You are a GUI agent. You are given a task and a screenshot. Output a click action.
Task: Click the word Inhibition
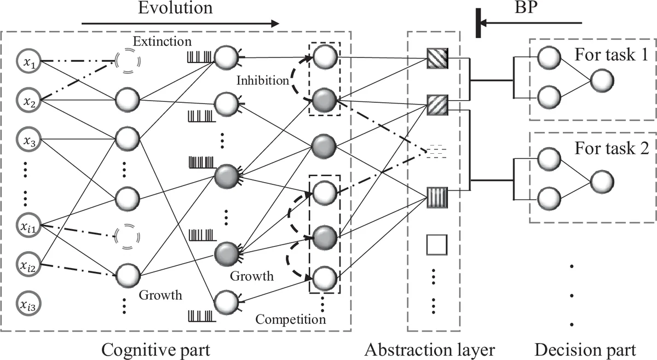(262, 80)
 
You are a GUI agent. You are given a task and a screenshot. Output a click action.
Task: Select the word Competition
(291, 318)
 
